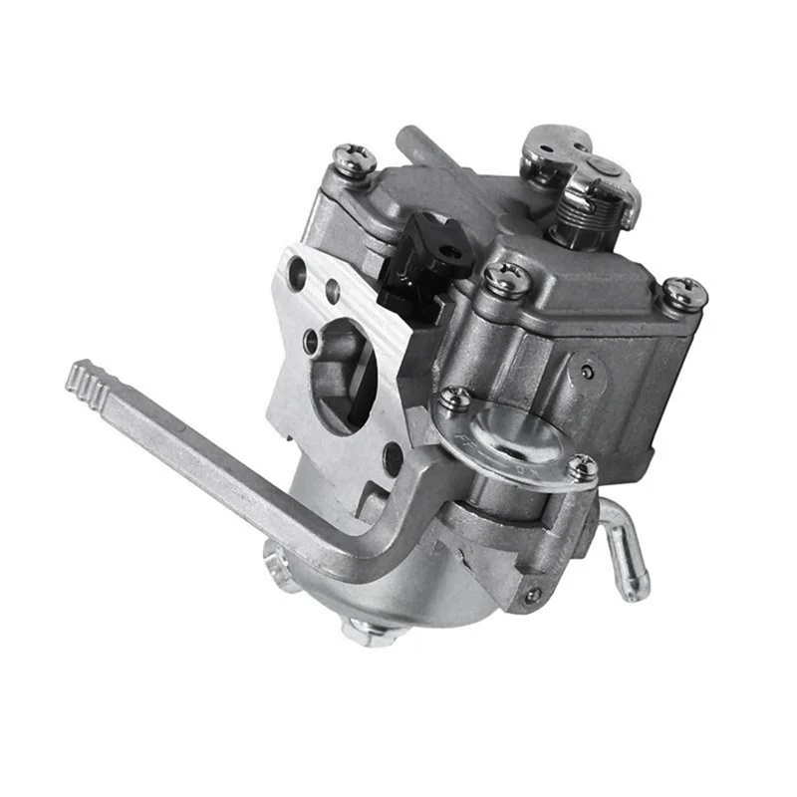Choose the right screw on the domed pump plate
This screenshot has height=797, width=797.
pos(582,466)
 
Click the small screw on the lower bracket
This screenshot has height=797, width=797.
pos(533,595)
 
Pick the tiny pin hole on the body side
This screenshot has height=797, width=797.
pos(589,371)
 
